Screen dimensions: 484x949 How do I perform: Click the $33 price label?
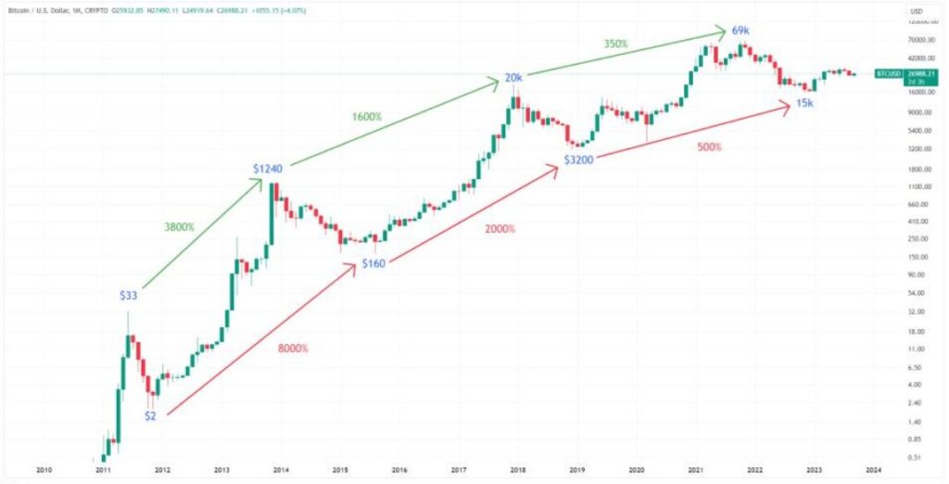[x=130, y=295]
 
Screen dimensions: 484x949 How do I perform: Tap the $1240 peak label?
[x=268, y=169]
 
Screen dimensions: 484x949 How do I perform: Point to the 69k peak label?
[x=740, y=31]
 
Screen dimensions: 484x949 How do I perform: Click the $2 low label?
[x=150, y=415]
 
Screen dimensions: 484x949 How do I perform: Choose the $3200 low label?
[x=576, y=160]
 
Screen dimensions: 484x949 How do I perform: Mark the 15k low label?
[x=804, y=103]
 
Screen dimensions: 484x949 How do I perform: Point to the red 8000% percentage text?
[x=293, y=348]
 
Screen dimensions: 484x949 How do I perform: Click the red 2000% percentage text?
[x=500, y=228]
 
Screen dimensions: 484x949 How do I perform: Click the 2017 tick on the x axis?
[x=458, y=470]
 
